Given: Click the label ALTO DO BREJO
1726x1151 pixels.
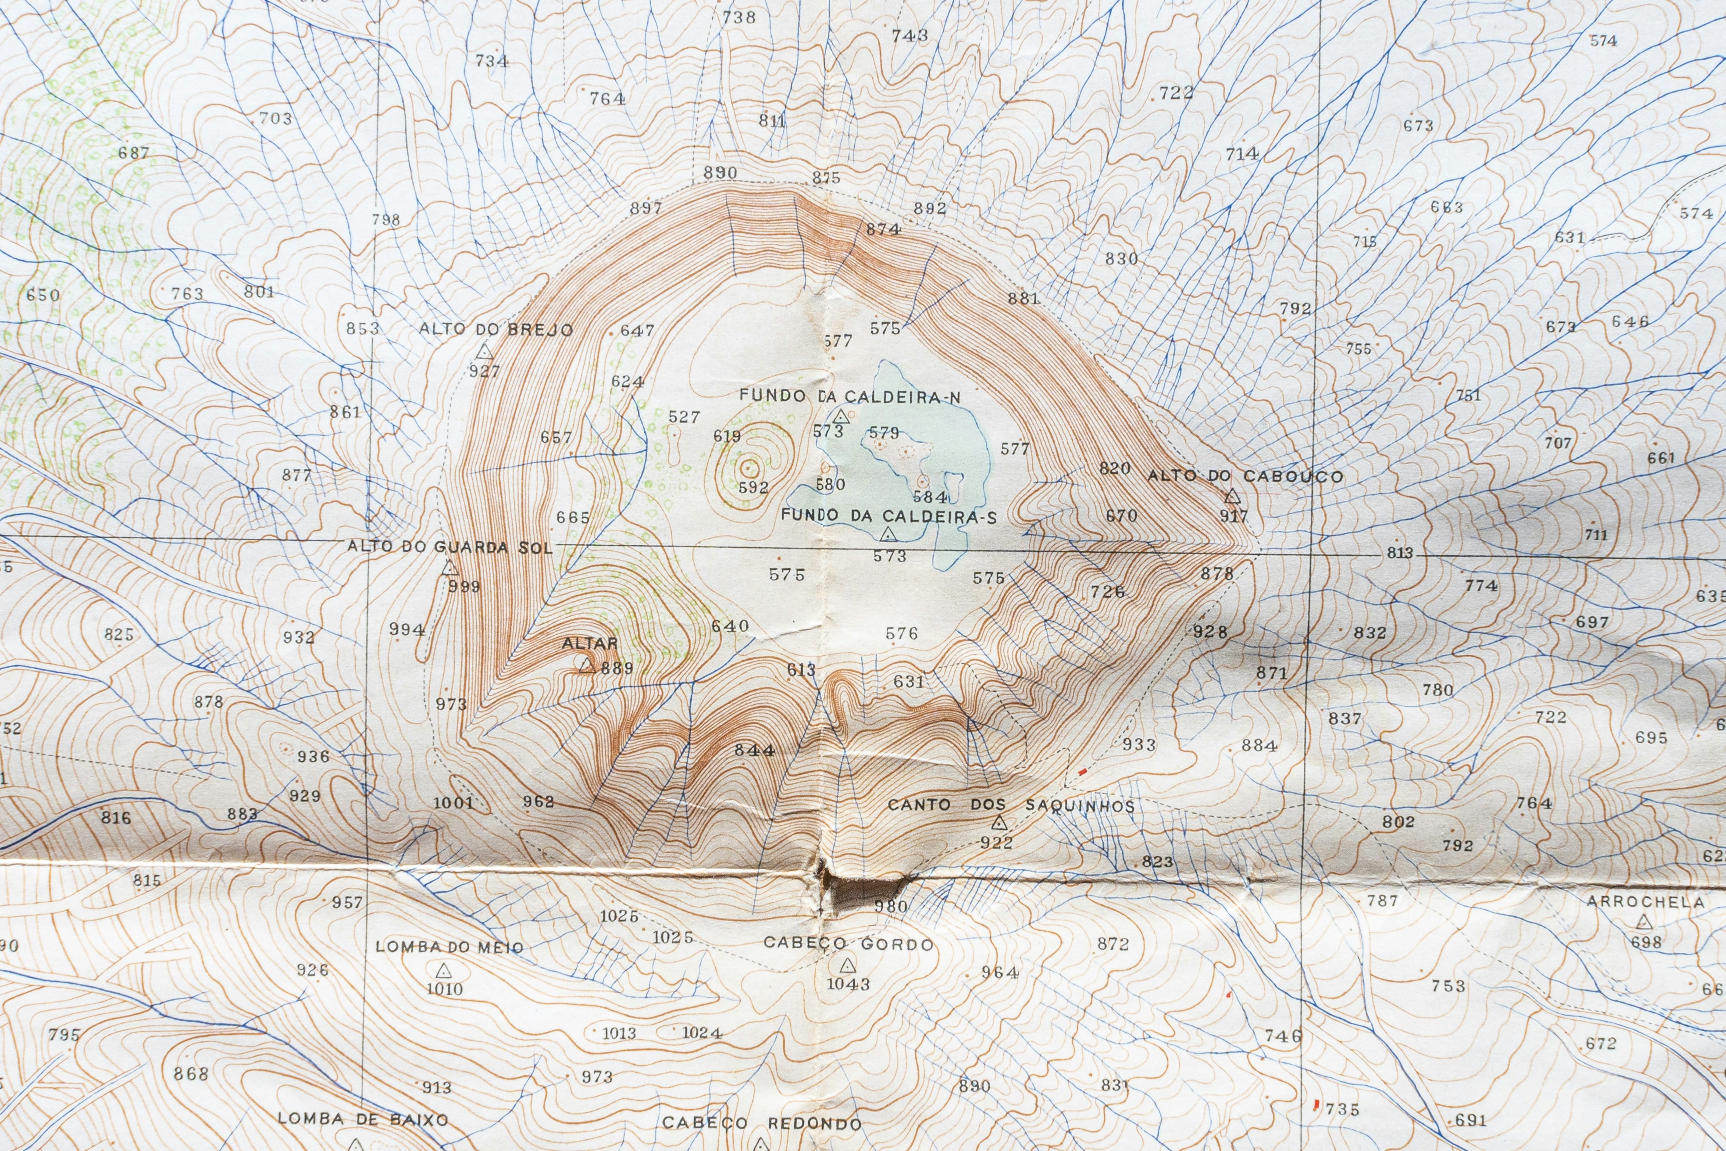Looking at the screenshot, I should point(496,329).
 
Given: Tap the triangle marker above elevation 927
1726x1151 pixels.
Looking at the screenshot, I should point(484,352).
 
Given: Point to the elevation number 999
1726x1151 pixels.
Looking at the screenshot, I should point(464,586).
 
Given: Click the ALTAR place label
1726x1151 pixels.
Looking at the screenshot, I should point(590,643).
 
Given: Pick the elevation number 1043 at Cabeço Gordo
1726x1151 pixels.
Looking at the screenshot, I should point(849,983).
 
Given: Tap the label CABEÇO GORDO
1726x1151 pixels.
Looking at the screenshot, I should point(849,943).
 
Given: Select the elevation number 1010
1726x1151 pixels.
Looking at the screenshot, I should point(445,989).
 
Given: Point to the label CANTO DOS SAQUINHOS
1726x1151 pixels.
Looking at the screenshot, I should point(1010,805).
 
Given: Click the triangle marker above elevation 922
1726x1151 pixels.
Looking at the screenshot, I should point(999,823).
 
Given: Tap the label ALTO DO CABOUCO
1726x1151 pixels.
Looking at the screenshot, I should point(1245,475).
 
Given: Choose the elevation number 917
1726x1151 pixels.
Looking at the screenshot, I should point(1234,516).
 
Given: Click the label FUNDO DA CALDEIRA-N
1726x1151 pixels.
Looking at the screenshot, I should point(849,397).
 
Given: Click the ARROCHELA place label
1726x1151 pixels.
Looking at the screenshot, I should point(1645,902).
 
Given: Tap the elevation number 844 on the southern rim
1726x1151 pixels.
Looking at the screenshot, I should point(754,750).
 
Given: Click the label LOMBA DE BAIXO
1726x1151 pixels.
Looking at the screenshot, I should point(363,1119).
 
